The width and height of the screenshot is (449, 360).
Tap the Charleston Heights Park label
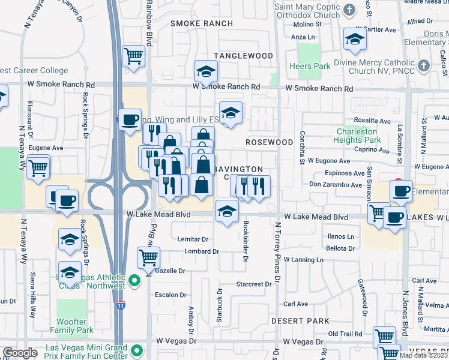click(359, 136)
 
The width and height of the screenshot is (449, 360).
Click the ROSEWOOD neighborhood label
click(270, 142)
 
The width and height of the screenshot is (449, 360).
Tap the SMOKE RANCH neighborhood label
click(202, 23)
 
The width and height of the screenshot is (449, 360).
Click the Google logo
click(20, 353)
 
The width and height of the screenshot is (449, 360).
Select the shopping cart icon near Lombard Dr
click(148, 257)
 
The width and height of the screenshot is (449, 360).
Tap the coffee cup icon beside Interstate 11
click(130, 119)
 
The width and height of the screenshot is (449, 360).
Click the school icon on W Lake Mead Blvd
click(226, 212)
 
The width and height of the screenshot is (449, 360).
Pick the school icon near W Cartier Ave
click(355, 39)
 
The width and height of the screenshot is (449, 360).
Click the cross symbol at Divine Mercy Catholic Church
click(423, 65)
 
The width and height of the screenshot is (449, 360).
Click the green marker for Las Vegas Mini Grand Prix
click(137, 352)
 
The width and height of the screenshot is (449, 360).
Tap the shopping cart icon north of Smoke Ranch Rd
click(133, 56)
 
